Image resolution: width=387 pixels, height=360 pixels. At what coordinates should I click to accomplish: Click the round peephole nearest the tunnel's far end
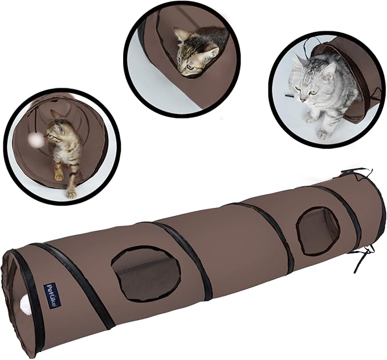pos(317,230)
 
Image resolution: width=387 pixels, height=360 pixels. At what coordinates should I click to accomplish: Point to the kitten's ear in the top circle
pos(182,35)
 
